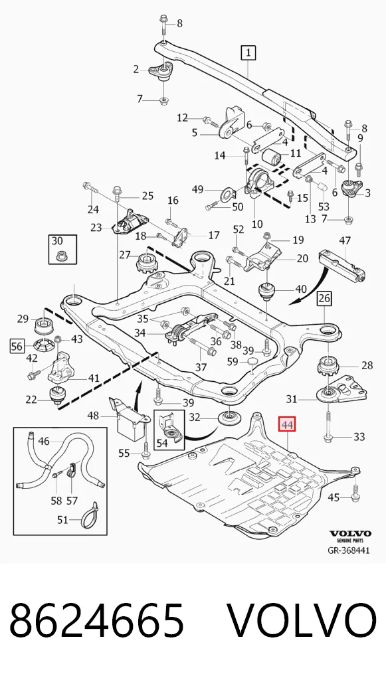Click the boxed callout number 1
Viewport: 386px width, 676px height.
(x=248, y=53)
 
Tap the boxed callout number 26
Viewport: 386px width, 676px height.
(x=324, y=298)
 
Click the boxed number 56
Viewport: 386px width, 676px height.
(x=17, y=346)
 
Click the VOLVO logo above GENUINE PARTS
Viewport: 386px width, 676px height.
(x=350, y=534)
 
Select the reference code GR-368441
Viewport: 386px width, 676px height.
(x=349, y=550)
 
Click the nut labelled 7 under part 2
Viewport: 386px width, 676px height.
(x=163, y=101)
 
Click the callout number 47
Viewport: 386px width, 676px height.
(x=344, y=240)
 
